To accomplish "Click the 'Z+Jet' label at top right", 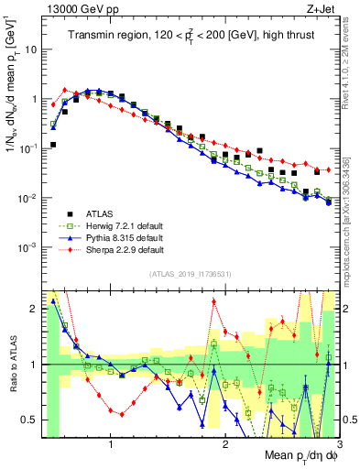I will pyautogui.click(x=323, y=8).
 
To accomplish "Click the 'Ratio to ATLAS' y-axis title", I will pyautogui.click(x=12, y=365).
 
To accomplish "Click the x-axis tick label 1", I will pyautogui.click(x=111, y=443).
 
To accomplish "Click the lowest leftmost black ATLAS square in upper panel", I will pyautogui.click(x=53, y=145).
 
